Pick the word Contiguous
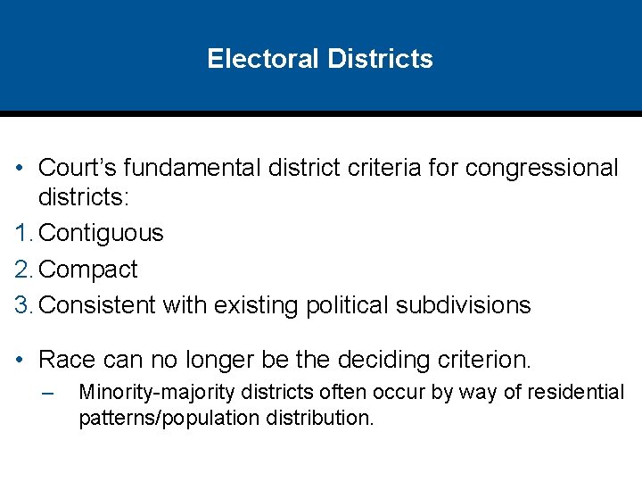[x=102, y=233]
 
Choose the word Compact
[x=89, y=269]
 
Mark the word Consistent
[x=98, y=305]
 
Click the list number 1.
[x=22, y=233]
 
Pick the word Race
[x=68, y=361]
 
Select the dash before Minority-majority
[x=48, y=393]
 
